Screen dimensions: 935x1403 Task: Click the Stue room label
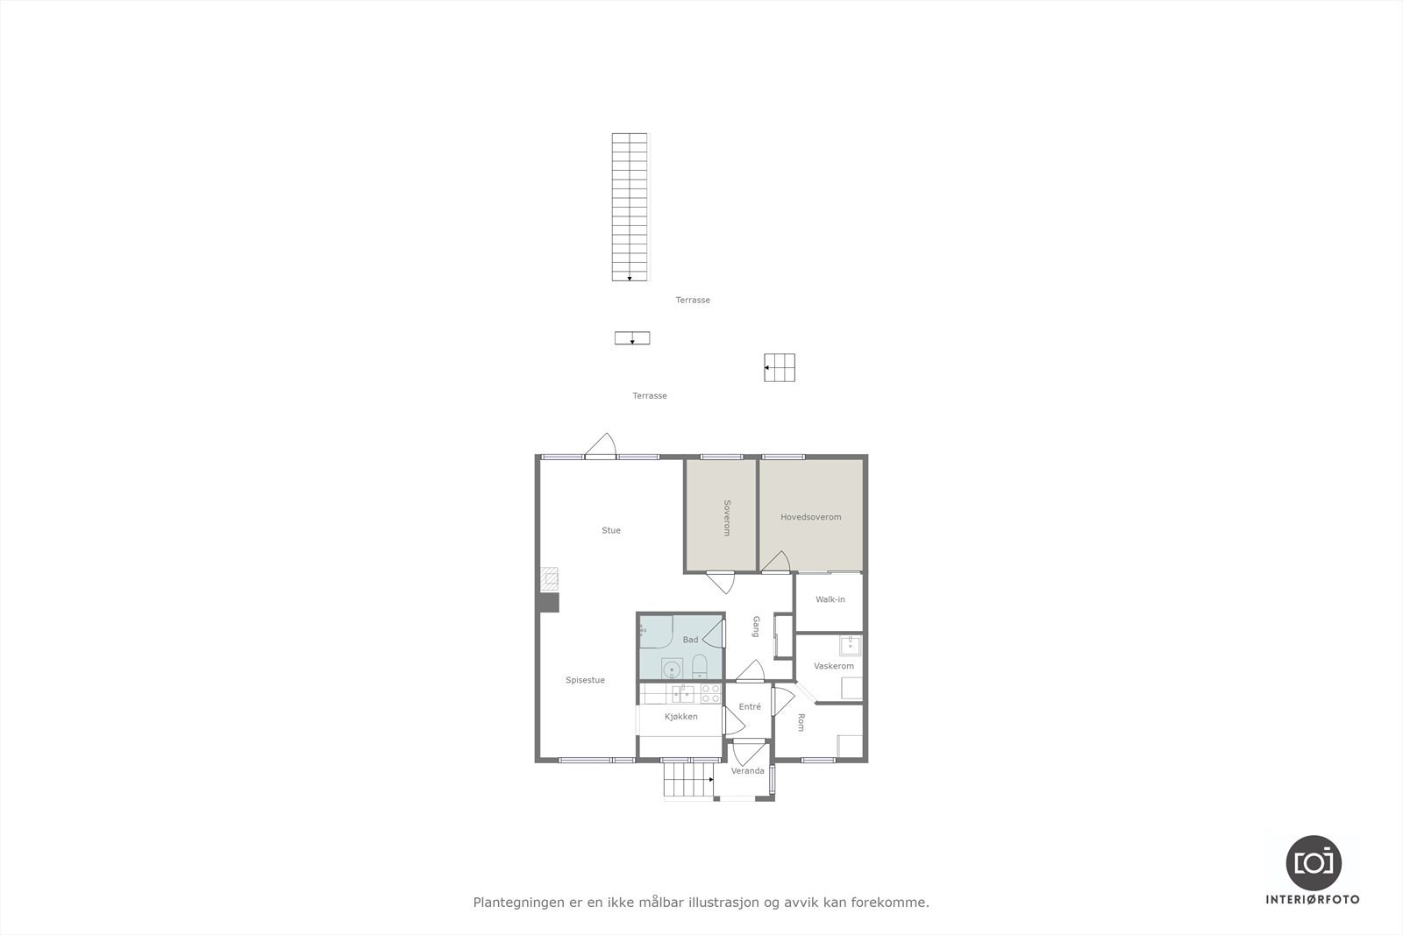pyautogui.click(x=611, y=530)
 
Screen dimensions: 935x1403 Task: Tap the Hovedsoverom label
pyautogui.click(x=810, y=517)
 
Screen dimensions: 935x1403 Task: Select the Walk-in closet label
pyautogui.click(x=830, y=599)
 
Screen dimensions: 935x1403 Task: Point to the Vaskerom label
pyautogui.click(x=833, y=666)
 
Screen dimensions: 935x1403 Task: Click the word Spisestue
pyautogui.click(x=585, y=680)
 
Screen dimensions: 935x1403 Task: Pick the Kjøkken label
pyautogui.click(x=681, y=717)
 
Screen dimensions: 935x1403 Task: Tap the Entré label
pyautogui.click(x=750, y=706)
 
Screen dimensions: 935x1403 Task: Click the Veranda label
pyautogui.click(x=747, y=771)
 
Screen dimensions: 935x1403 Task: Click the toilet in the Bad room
pyautogui.click(x=700, y=669)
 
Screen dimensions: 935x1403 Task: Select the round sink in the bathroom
pyautogui.click(x=673, y=670)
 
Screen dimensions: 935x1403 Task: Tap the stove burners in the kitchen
pyautogui.click(x=710, y=694)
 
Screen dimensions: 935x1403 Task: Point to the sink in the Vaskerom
pyautogui.click(x=850, y=646)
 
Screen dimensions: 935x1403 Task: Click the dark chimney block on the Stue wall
pyautogui.click(x=549, y=603)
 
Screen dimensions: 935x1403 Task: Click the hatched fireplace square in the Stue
pyautogui.click(x=549, y=578)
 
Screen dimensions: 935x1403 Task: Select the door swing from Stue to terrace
pyautogui.click(x=602, y=445)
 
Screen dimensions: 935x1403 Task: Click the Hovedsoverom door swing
pyautogui.click(x=773, y=563)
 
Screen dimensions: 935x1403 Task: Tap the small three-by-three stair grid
pyautogui.click(x=780, y=368)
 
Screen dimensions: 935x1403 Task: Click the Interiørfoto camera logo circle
pyautogui.click(x=1313, y=862)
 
